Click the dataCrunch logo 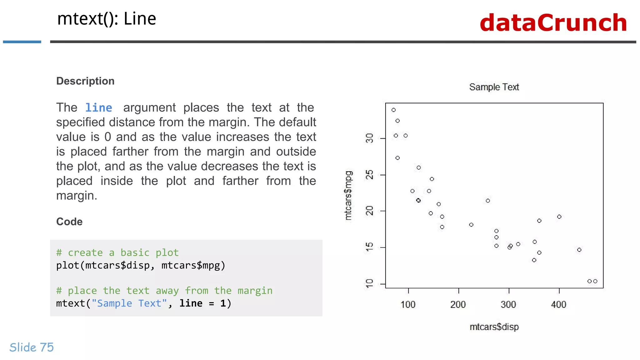(553, 23)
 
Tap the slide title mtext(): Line (107, 19)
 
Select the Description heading (85, 81)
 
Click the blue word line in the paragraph (99, 108)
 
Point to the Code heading (69, 222)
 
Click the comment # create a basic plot (117, 252)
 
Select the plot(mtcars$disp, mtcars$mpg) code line (141, 265)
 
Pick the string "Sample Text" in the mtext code (129, 303)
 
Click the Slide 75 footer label (32, 347)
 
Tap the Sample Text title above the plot (494, 87)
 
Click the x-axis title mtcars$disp (494, 327)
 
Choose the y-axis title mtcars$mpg (348, 195)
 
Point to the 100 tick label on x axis (408, 304)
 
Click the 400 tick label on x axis (559, 304)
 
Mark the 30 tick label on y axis (369, 138)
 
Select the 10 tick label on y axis (369, 284)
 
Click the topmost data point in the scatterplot (394, 110)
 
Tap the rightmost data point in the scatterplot (595, 281)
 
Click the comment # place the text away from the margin (164, 291)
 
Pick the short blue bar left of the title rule (22, 42)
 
